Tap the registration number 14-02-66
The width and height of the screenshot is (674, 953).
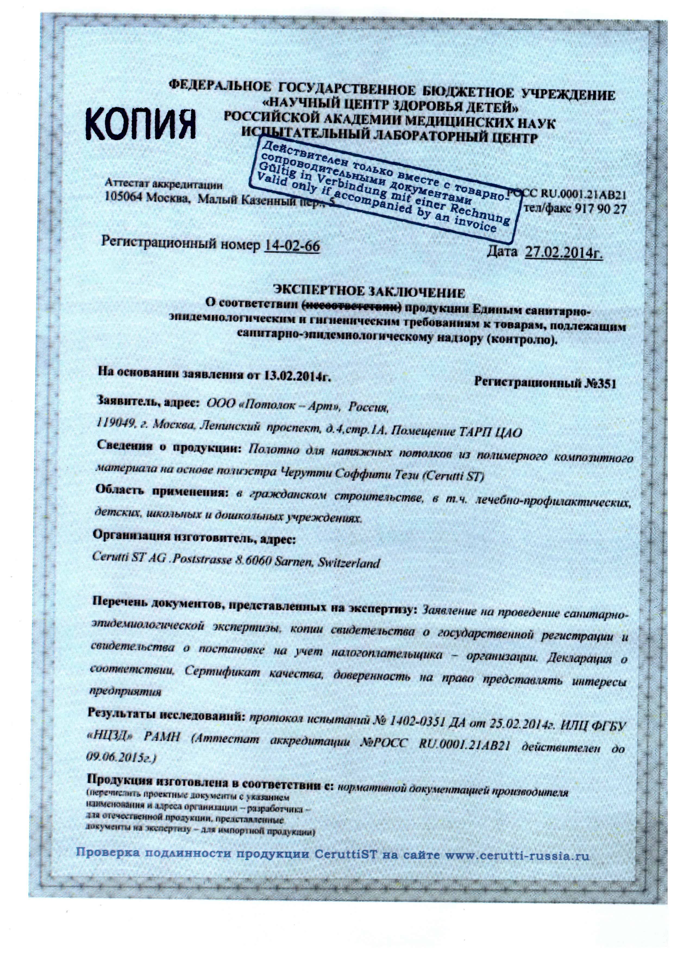coord(292,246)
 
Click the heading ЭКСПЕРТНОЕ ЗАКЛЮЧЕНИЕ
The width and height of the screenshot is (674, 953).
coord(368,292)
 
